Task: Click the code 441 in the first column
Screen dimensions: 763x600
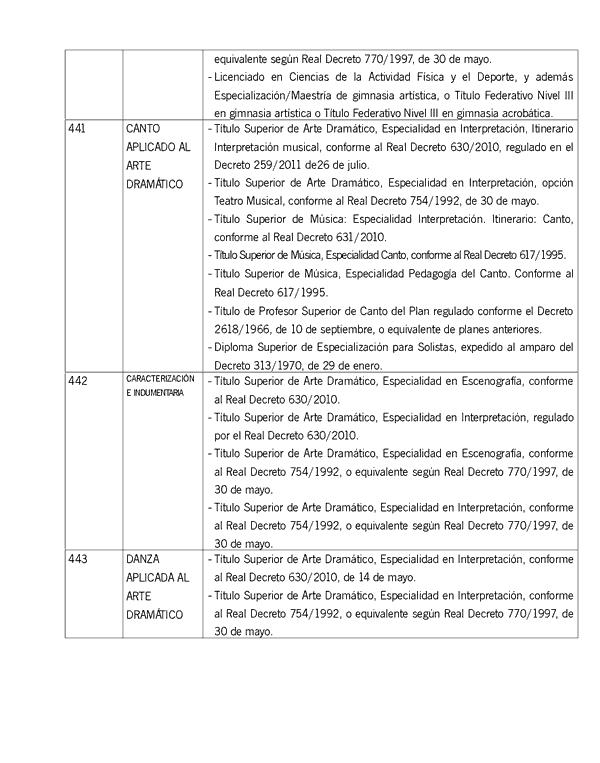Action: tap(78, 129)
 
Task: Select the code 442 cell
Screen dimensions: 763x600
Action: tap(78, 381)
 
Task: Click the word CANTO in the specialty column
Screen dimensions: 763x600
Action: tap(143, 129)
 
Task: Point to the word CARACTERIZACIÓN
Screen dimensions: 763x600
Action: tap(160, 379)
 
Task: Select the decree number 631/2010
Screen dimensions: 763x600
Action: tap(355, 237)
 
